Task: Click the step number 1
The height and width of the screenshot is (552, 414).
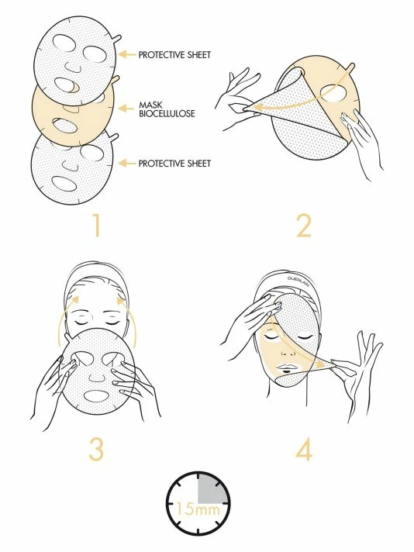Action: (97, 226)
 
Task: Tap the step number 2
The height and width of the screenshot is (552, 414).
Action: (304, 226)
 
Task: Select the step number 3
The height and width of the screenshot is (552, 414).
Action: (96, 448)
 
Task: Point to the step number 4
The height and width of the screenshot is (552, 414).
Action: (304, 448)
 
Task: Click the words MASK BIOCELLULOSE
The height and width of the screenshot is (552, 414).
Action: (167, 109)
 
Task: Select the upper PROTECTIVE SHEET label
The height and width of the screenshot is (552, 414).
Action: (174, 54)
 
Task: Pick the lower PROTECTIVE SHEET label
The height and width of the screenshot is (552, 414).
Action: (174, 164)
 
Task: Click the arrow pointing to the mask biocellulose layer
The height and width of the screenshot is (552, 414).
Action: (126, 108)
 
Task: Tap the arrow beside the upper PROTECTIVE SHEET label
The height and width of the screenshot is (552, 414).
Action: (126, 54)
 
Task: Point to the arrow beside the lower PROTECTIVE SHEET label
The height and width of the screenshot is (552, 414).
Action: (126, 164)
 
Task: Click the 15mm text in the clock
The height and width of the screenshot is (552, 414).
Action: (197, 509)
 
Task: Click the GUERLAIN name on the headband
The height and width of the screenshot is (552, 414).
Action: (298, 280)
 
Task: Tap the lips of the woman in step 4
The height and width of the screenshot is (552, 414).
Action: (286, 368)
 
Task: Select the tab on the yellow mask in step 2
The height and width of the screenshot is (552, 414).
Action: (350, 67)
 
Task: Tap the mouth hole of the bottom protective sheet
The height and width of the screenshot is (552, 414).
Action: (64, 184)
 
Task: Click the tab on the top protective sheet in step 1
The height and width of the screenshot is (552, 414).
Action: (117, 39)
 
